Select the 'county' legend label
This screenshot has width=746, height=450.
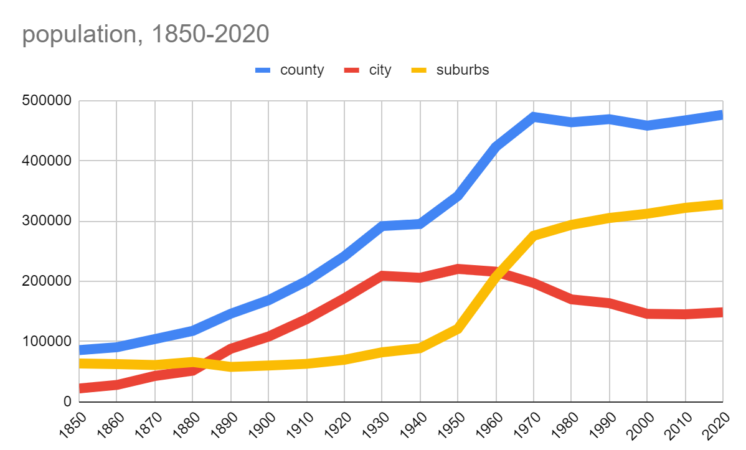(x=302, y=70)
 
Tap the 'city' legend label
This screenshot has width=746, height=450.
(x=380, y=70)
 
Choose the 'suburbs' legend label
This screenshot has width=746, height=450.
(x=463, y=70)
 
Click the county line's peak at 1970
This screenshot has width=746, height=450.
(x=534, y=116)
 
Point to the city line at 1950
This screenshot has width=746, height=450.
(x=458, y=269)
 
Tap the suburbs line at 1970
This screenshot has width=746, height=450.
(x=534, y=235)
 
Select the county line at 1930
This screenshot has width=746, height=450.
(x=382, y=225)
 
